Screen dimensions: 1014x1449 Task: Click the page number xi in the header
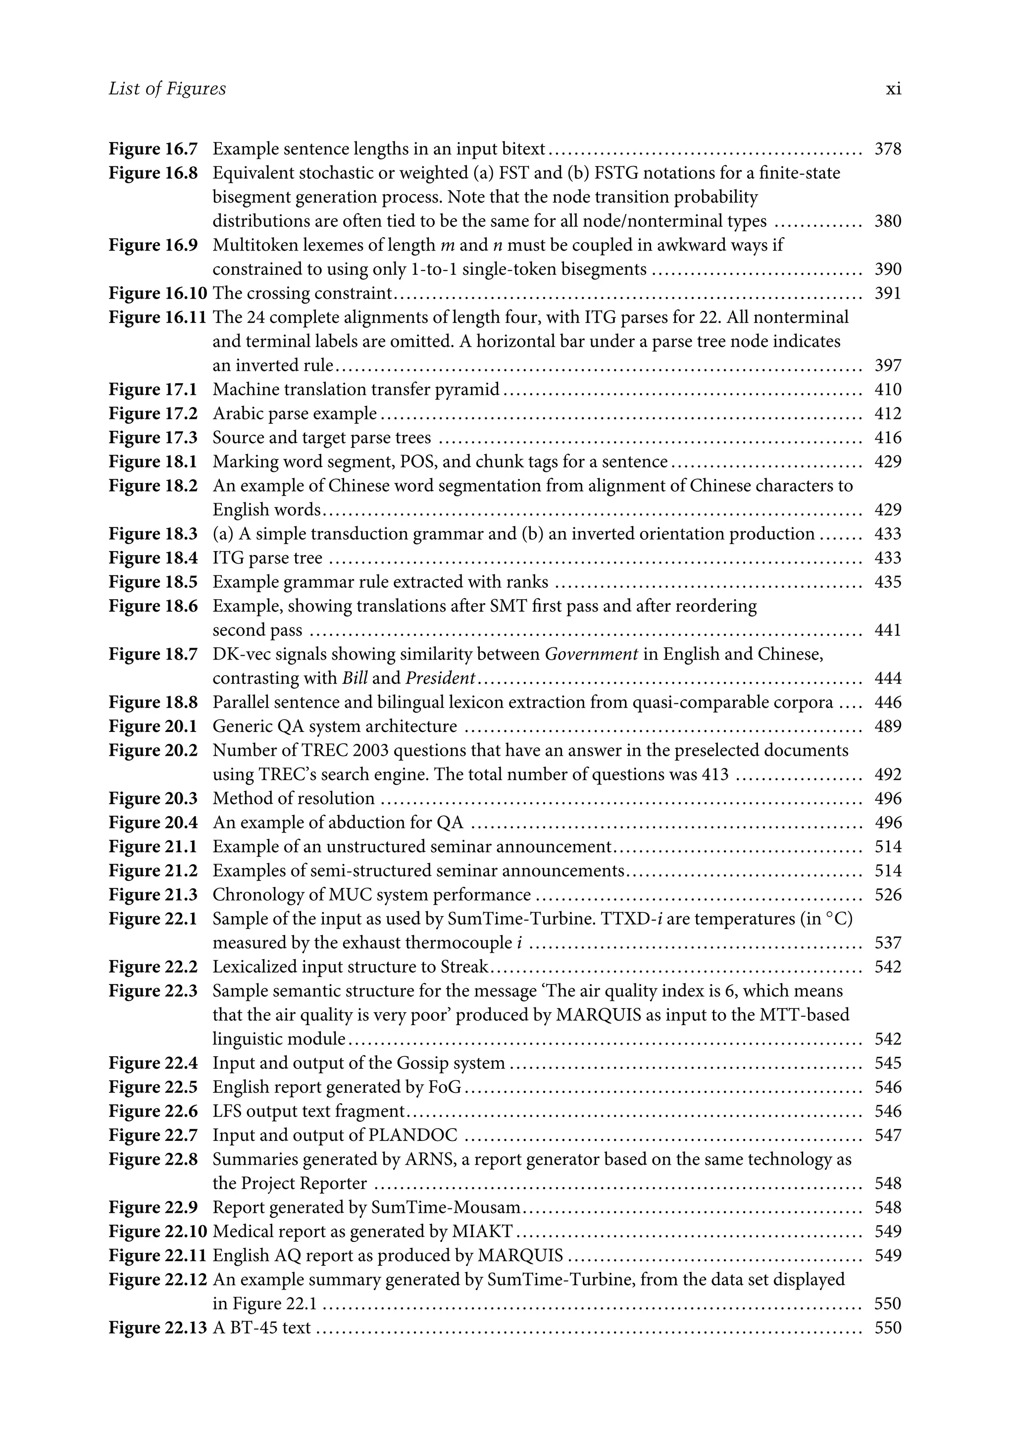893,89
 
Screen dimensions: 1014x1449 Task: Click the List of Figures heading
167,89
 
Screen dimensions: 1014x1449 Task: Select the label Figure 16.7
152,149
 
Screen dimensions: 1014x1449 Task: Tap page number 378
888,149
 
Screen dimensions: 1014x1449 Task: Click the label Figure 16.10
158,294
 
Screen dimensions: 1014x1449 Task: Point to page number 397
888,365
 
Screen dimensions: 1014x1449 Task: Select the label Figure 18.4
152,558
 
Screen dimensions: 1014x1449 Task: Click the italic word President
440,678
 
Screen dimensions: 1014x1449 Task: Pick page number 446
888,702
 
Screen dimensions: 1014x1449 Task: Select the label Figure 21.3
152,895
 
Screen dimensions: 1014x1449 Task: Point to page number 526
888,895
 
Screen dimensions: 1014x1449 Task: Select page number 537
888,943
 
